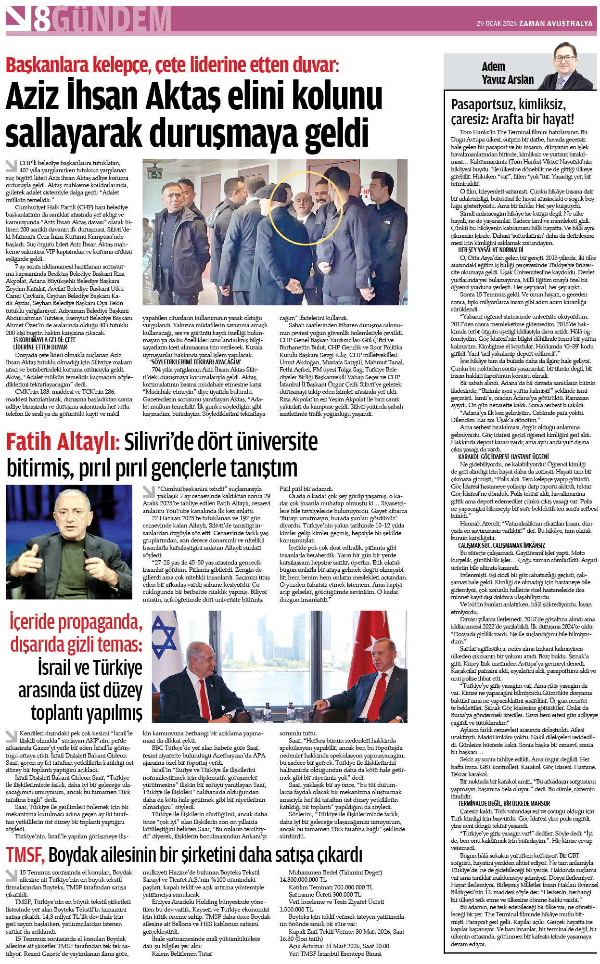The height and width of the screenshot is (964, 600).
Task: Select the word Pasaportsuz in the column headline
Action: (484, 104)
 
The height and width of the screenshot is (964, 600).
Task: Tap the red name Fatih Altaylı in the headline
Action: (63, 442)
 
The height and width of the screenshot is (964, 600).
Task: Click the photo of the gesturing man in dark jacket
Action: (69, 542)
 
